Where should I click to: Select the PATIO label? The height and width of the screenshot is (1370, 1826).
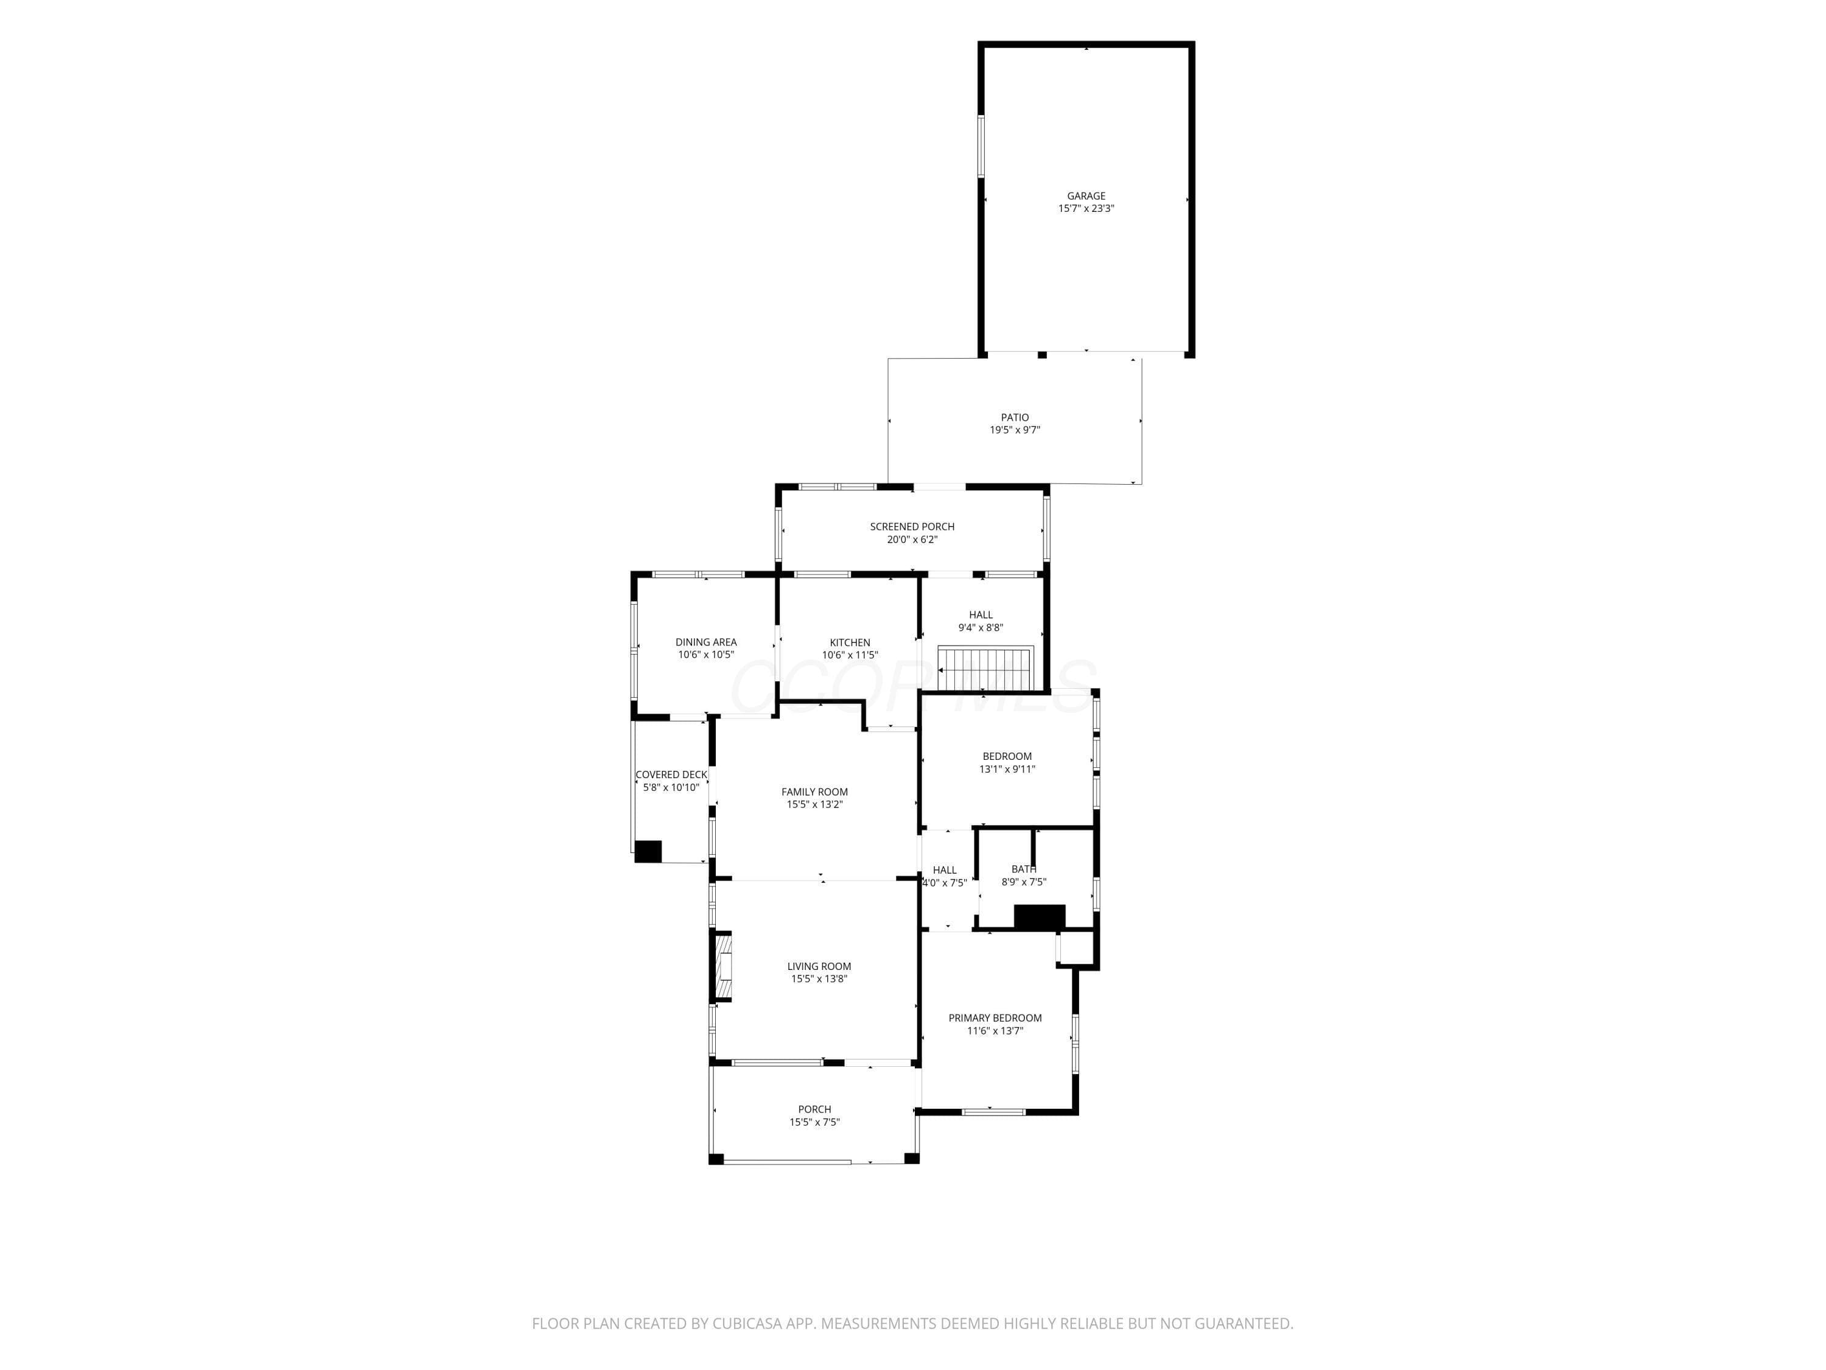[1015, 418]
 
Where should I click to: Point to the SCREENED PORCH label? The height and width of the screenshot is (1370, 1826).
[912, 527]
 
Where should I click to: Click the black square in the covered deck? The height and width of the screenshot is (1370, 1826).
[648, 851]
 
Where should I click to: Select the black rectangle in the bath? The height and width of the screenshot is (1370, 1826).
[1040, 916]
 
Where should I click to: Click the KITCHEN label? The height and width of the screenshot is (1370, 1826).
[850, 642]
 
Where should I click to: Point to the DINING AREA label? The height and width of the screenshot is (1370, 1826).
[706, 642]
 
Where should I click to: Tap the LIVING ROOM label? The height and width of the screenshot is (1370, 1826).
[819, 966]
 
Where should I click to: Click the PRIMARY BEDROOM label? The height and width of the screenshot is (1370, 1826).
[995, 1018]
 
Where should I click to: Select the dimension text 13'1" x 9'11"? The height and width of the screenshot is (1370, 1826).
[1007, 769]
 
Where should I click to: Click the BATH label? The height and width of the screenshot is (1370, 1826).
[1024, 869]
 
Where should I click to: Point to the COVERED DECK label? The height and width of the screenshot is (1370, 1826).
[671, 775]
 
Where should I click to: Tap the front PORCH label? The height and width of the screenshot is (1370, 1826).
[815, 1109]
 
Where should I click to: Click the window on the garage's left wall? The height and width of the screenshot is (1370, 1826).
[982, 146]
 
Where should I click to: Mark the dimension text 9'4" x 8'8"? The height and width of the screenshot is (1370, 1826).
[981, 628]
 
